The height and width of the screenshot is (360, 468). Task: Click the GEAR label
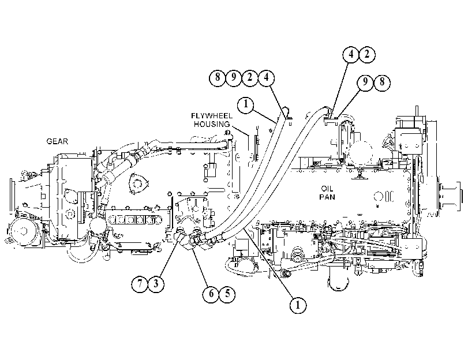coord(57,141)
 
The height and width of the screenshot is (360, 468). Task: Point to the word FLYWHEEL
coord(212,116)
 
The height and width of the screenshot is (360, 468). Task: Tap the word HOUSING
coord(212,124)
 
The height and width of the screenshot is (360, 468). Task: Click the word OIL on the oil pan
coord(327,189)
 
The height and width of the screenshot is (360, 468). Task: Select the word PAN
coord(327,197)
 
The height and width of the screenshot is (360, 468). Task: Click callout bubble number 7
coord(140,284)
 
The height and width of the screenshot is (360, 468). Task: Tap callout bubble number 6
coord(211,294)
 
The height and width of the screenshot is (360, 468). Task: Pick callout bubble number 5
coord(227,293)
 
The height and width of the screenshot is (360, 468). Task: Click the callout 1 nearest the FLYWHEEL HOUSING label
coord(246,105)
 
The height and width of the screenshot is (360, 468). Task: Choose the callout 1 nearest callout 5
coord(298,305)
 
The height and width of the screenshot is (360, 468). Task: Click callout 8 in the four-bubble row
coord(218,78)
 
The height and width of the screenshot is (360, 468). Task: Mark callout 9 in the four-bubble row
coord(234,78)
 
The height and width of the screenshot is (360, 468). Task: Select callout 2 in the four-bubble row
coord(250,78)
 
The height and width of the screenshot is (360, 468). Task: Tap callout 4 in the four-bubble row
coord(266,78)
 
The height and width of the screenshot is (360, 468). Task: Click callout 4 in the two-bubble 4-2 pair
coord(351,55)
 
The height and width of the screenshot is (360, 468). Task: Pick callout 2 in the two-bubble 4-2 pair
coord(367,54)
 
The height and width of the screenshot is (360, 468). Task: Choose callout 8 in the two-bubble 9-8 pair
coord(382,82)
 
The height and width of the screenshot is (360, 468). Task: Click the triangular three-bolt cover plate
coord(138,183)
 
